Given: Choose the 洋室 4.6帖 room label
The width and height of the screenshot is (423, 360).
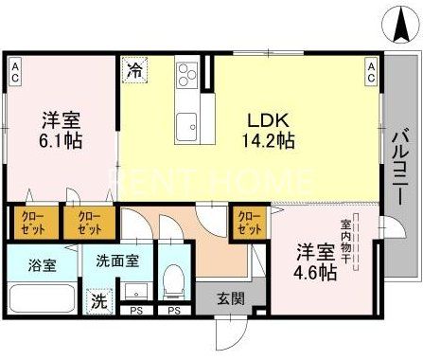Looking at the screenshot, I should tap(314, 262).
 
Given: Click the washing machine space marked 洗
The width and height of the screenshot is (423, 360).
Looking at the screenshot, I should tap(99, 301).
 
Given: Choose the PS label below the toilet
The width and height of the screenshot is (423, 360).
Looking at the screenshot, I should tap(172, 311).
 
